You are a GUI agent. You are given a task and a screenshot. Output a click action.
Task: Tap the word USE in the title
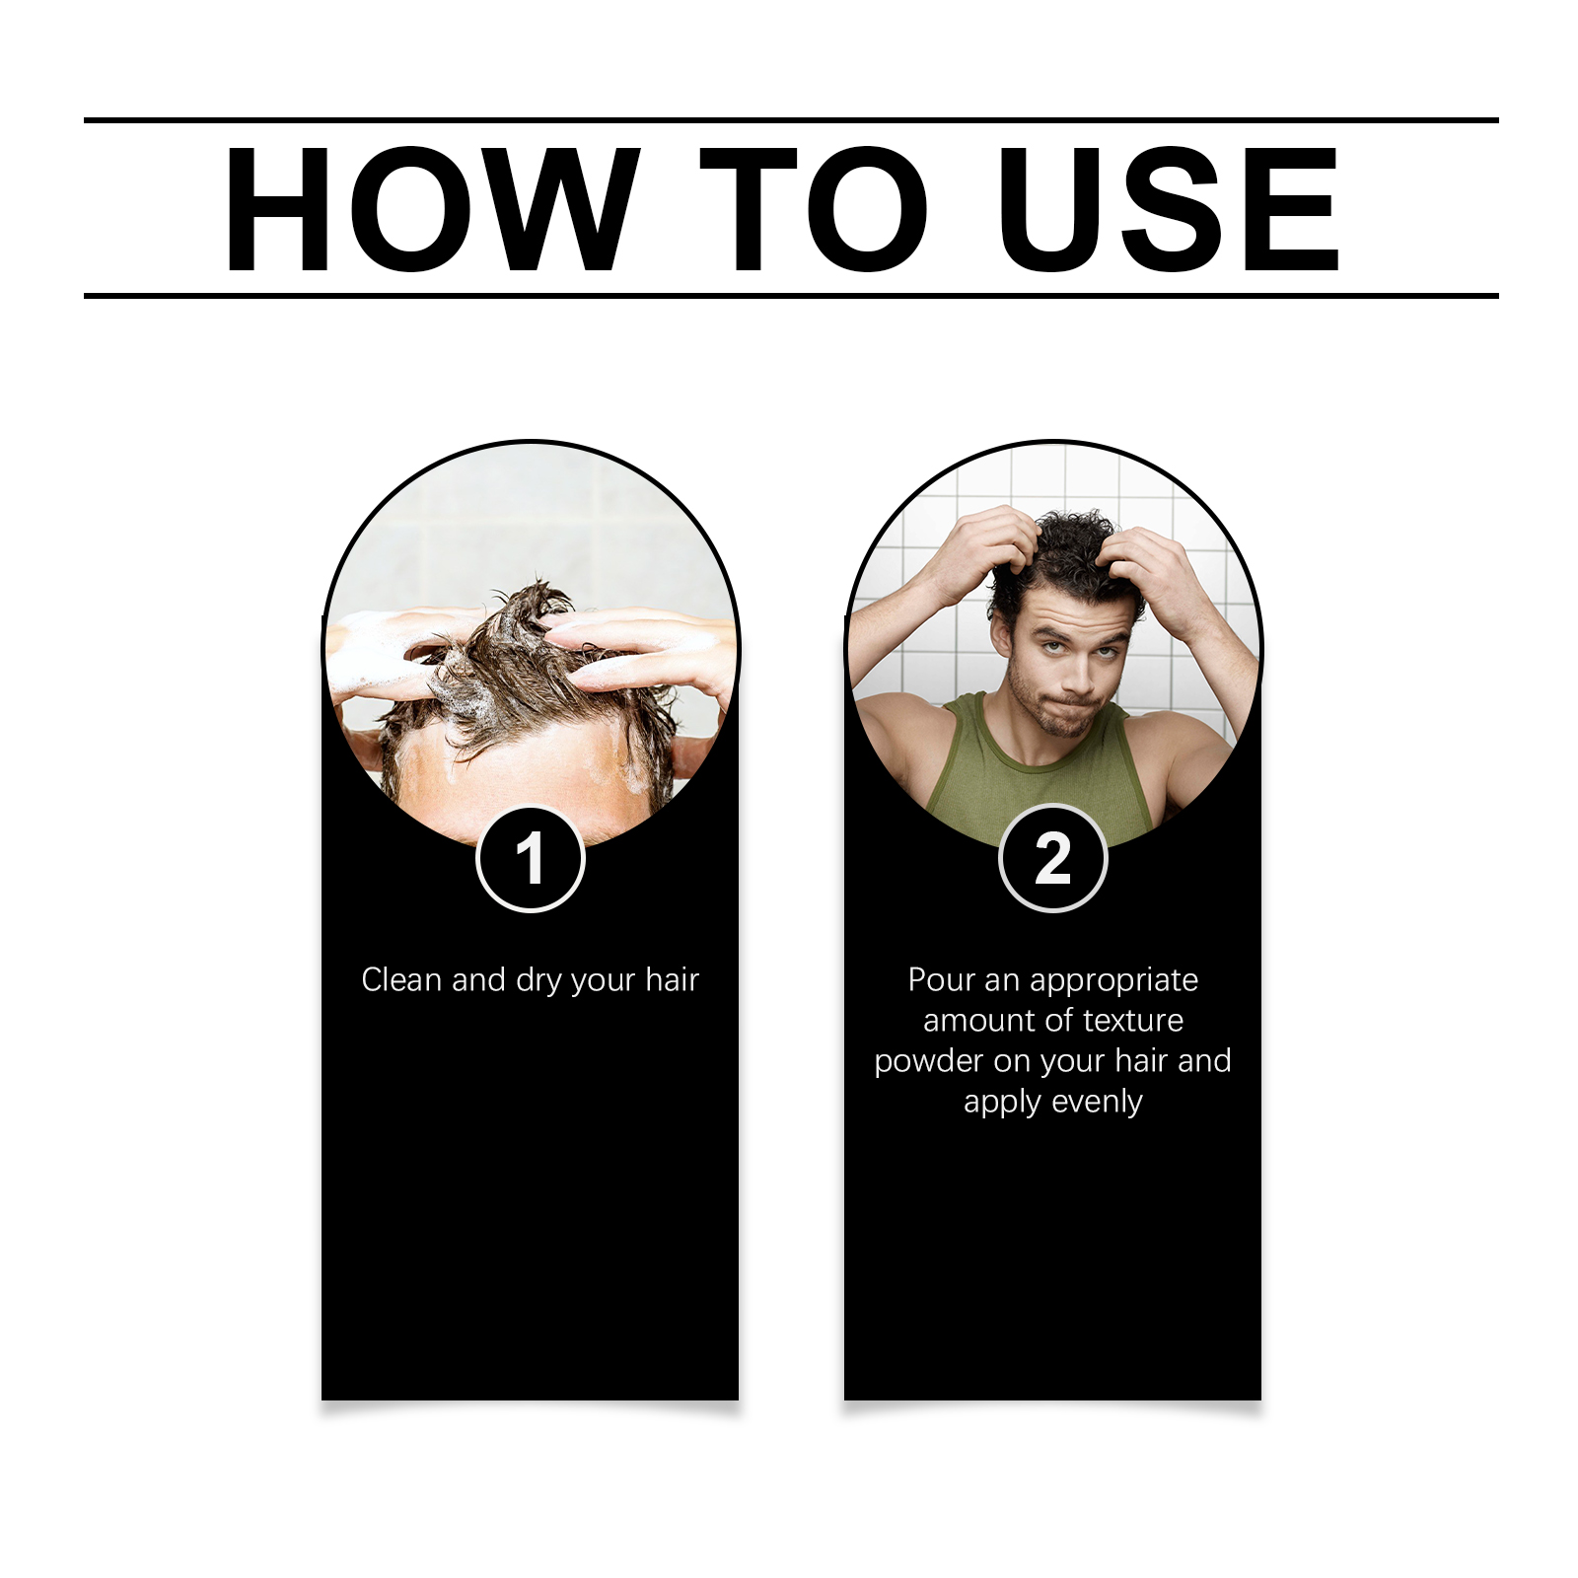point(1169,209)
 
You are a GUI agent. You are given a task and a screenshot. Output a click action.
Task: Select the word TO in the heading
point(814,209)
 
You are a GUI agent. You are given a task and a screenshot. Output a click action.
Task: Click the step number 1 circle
point(531,859)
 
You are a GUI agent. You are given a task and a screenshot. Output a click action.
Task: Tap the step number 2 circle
point(1053,859)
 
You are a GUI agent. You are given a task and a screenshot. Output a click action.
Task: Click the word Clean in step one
point(401,979)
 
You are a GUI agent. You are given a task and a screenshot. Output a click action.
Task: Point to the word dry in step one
point(538,981)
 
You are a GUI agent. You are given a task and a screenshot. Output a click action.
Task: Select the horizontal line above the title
point(791,120)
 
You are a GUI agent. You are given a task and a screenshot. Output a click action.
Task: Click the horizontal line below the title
point(791,295)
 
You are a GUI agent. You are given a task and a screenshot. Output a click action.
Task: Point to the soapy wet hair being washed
point(523,671)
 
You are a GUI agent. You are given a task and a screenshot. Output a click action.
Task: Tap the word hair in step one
point(672,979)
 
